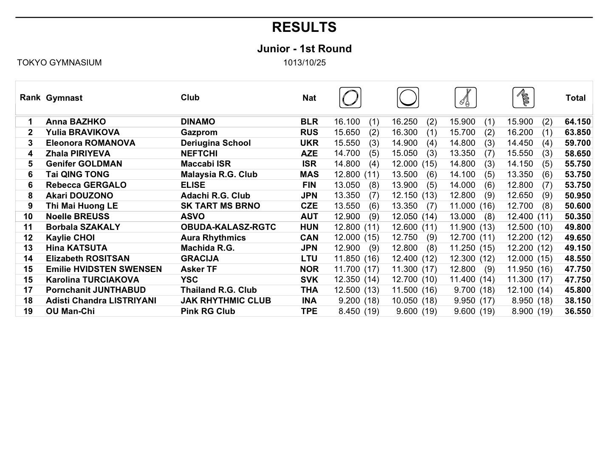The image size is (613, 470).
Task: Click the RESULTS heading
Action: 304,27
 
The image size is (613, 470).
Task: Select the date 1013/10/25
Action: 305,63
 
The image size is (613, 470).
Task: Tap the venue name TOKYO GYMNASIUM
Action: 59,63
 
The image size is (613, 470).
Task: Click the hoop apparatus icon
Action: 350,98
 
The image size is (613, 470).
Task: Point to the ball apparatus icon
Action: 408,98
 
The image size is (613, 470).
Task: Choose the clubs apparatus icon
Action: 466,98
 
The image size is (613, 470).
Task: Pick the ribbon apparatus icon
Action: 523,98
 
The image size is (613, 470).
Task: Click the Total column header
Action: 575,98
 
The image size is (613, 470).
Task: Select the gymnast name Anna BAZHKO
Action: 76,122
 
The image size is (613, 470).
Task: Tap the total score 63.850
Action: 577,133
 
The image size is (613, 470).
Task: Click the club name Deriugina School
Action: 215,143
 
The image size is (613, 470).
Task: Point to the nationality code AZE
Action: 309,154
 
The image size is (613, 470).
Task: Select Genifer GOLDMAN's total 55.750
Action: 577,164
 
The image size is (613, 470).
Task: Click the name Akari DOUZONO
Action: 79,196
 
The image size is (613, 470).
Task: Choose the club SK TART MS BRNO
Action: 220,206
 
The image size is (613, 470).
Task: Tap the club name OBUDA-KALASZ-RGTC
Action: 228,227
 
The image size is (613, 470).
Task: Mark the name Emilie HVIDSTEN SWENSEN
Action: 104,269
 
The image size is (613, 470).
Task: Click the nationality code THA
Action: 309,290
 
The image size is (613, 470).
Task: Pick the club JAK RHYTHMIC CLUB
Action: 226,301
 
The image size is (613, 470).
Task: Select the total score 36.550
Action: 577,311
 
